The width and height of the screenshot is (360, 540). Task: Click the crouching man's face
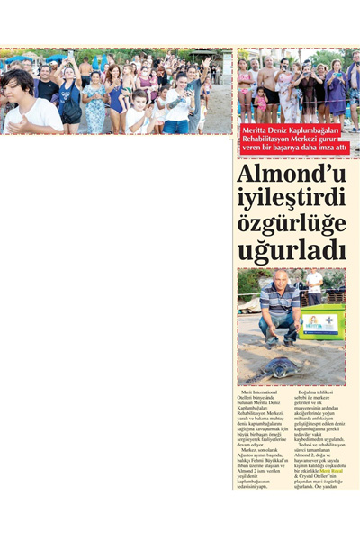(x=282, y=279)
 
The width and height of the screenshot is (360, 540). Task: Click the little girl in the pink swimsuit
(x=245, y=91)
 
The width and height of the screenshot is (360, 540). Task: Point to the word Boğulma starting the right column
(x=310, y=393)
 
